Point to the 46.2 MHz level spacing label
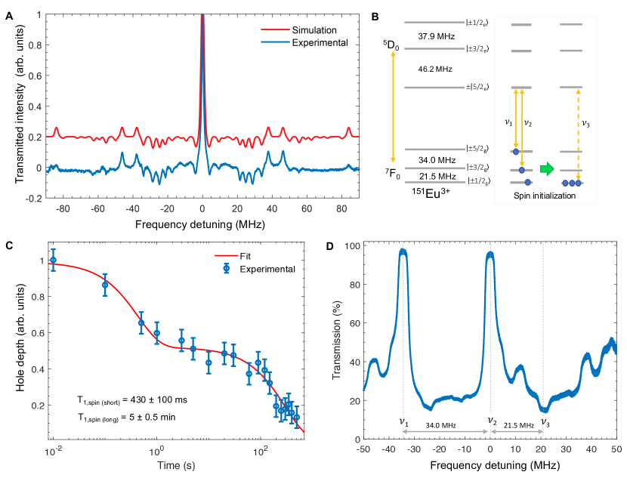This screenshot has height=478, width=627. click(434, 69)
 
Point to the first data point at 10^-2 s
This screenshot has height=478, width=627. click(53, 260)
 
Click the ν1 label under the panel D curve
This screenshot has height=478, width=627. click(404, 422)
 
